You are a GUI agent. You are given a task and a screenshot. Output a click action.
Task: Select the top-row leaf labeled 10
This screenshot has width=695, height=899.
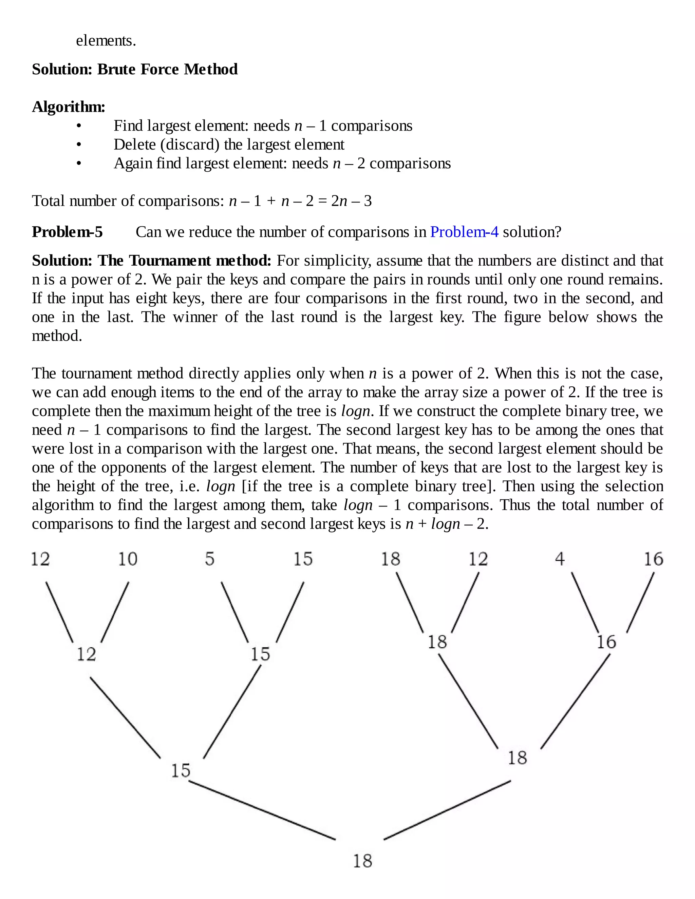point(128,559)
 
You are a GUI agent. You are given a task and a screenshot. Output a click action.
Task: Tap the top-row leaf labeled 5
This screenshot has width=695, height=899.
point(210,559)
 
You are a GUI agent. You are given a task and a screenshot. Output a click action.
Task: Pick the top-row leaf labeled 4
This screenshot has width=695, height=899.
point(560,559)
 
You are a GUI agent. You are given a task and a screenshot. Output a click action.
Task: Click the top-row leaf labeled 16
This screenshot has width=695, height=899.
point(653,559)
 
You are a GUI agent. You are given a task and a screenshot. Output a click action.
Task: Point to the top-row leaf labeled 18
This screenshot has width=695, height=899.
point(390,559)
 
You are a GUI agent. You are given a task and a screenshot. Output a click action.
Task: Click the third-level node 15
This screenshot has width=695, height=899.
point(181,770)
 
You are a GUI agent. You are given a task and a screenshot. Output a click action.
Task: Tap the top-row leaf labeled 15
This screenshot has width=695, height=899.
point(303,559)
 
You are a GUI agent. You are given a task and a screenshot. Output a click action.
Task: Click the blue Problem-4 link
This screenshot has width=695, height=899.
point(464,232)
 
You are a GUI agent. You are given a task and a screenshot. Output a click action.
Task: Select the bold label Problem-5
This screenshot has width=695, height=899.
point(68,232)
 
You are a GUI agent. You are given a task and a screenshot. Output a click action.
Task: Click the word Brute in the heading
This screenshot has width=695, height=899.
point(117,69)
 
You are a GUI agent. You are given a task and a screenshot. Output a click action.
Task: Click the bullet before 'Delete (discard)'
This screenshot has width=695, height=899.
point(79,145)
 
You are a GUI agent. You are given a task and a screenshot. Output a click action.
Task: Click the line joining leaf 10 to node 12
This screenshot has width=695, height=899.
point(115,612)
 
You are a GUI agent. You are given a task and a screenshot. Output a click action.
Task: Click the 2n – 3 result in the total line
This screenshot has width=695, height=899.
point(351,201)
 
